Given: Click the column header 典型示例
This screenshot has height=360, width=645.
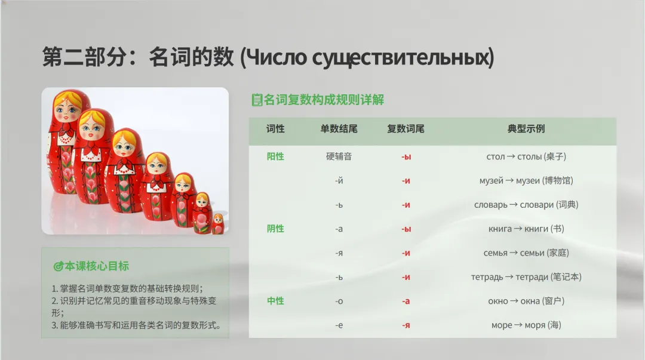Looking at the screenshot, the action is pyautogui.click(x=526, y=129).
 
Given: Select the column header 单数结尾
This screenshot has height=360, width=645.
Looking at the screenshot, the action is pyautogui.click(x=339, y=129).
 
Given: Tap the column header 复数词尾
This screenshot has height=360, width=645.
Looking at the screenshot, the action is pyautogui.click(x=406, y=129).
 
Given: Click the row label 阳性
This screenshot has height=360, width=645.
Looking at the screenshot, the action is pyautogui.click(x=275, y=156).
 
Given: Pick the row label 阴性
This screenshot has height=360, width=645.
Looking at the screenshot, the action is pyautogui.click(x=275, y=229).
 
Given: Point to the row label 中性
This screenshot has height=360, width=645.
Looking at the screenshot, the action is pyautogui.click(x=275, y=301).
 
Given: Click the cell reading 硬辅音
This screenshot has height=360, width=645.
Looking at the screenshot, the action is pyautogui.click(x=339, y=156).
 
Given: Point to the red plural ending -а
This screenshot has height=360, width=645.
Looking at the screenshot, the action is pyautogui.click(x=406, y=301).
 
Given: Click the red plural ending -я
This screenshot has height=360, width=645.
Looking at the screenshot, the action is pyautogui.click(x=406, y=325).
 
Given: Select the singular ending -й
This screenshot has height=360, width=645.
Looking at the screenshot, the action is pyautogui.click(x=339, y=181).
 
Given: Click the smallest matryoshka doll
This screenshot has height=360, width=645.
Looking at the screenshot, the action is pyautogui.click(x=218, y=224).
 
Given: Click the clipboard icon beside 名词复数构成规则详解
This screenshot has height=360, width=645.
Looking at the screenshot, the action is pyautogui.click(x=257, y=100).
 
